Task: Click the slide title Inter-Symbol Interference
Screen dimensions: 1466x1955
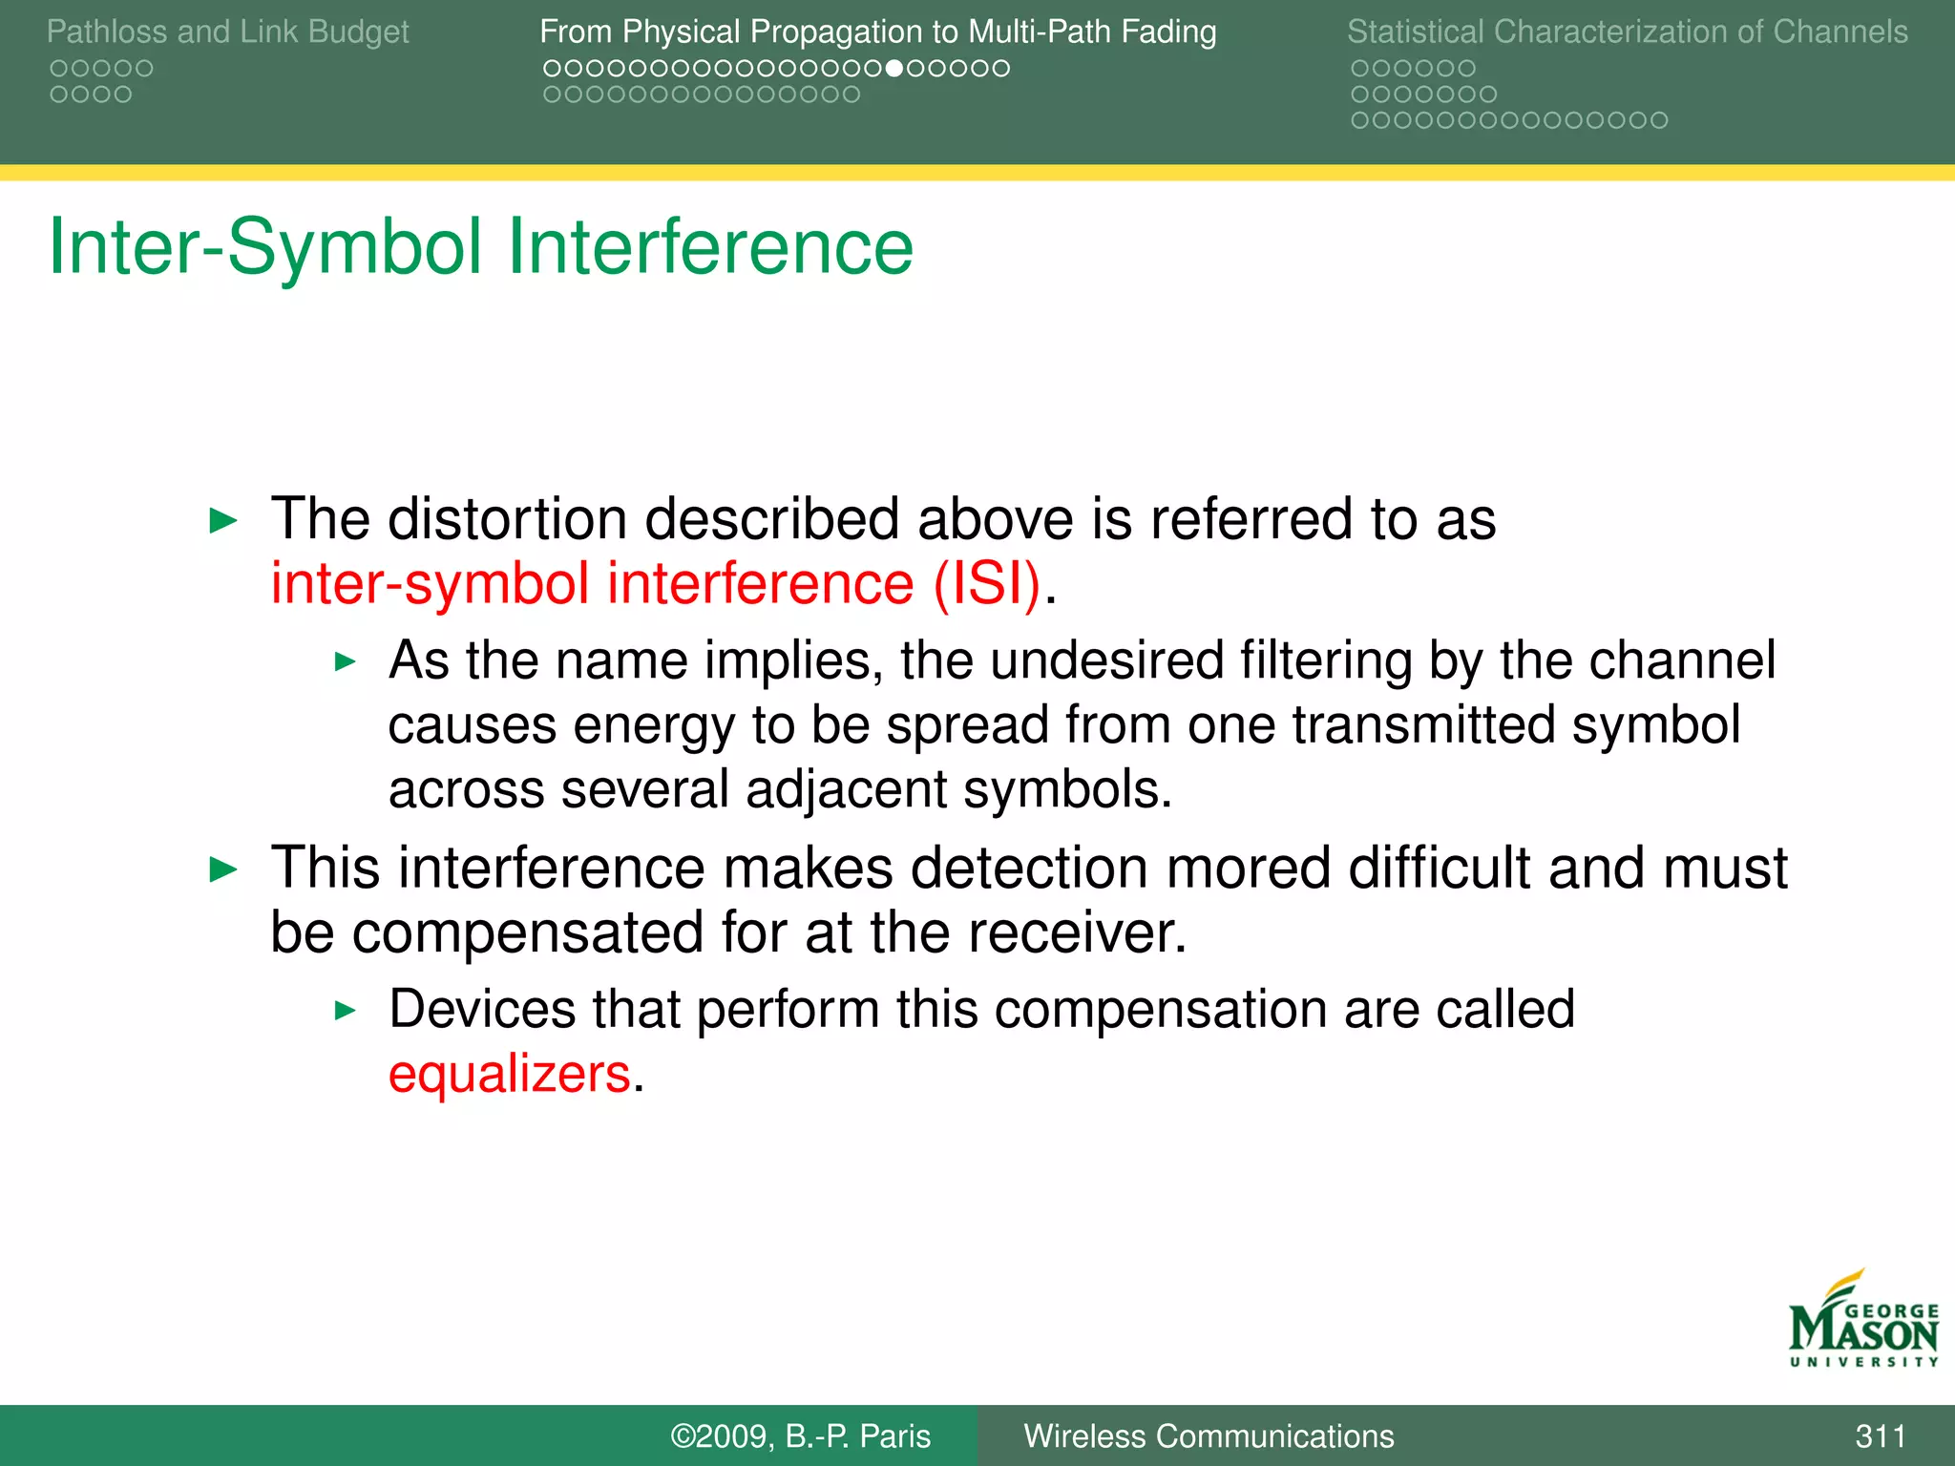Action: click(x=480, y=246)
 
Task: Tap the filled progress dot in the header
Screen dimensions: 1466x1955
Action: click(x=893, y=69)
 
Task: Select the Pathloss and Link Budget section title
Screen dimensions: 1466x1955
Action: click(x=227, y=31)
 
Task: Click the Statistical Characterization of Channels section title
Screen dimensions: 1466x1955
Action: click(x=1627, y=31)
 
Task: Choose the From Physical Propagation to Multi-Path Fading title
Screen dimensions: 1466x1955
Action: click(x=877, y=31)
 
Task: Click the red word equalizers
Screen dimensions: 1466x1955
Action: click(x=509, y=1075)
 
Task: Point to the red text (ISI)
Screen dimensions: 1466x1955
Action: click(x=986, y=583)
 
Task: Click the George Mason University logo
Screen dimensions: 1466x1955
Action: click(x=1862, y=1322)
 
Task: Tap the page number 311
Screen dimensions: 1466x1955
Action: click(x=1880, y=1435)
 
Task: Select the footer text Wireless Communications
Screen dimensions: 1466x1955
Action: click(x=1208, y=1435)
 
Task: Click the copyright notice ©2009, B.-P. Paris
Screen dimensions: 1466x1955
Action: click(x=800, y=1435)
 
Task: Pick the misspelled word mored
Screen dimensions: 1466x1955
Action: click(x=1247, y=869)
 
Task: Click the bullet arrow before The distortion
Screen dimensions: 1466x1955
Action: click(x=222, y=521)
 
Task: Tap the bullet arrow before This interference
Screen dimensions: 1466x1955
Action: click(x=222, y=869)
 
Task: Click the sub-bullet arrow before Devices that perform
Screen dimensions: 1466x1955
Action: click(x=346, y=1011)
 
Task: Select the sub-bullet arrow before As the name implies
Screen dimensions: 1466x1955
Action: click(x=346, y=661)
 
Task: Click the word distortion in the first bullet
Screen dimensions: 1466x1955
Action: click(x=507, y=519)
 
